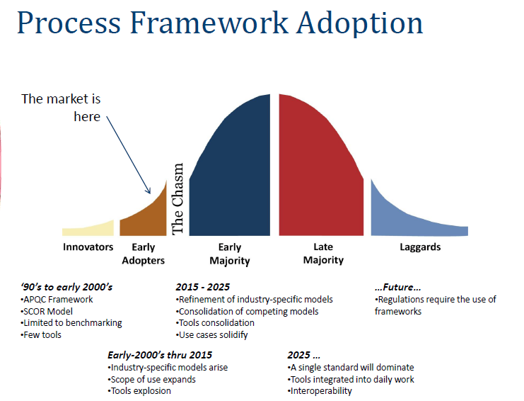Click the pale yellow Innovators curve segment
(88, 230)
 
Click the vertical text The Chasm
(177, 199)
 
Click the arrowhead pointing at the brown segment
(148, 191)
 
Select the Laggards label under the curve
(421, 247)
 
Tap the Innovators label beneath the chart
(88, 247)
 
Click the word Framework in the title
(209, 23)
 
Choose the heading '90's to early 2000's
(66, 287)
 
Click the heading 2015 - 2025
(203, 287)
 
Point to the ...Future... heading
(397, 287)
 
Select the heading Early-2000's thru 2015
(160, 355)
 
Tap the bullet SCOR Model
(47, 312)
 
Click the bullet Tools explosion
(139, 391)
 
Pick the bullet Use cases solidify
(212, 334)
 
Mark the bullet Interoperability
(320, 391)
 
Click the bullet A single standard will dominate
(351, 368)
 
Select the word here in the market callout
(87, 117)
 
